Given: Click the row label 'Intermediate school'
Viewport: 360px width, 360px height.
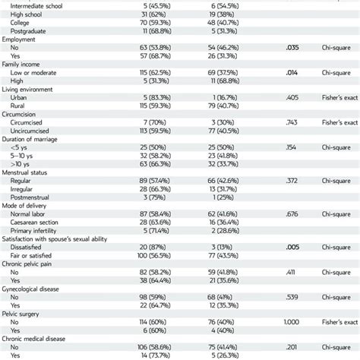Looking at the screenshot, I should pyautogui.click(x=43, y=5).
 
